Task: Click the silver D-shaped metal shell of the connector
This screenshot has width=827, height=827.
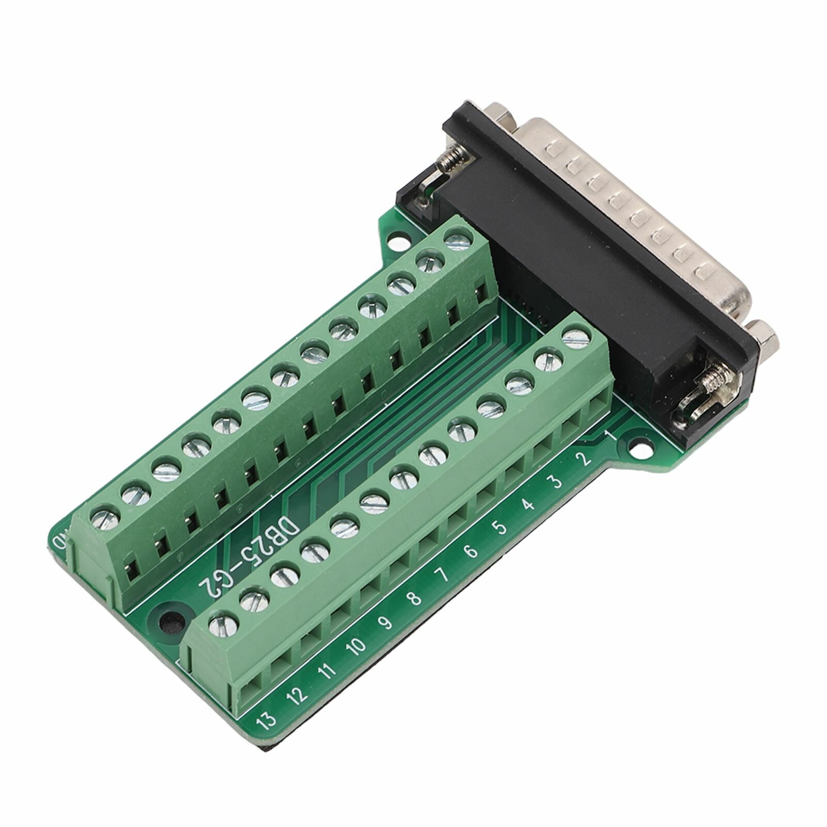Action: (641, 207)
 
